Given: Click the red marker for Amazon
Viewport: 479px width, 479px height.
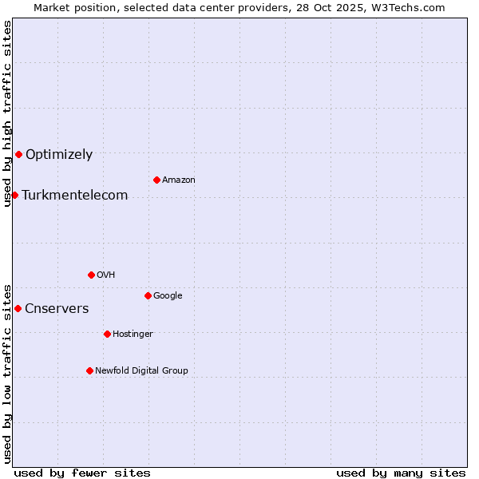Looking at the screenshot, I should pyautogui.click(x=156, y=180).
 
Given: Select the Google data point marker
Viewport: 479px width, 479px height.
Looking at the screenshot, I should pyautogui.click(x=148, y=295).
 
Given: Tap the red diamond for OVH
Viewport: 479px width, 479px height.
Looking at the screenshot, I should pyautogui.click(x=91, y=275).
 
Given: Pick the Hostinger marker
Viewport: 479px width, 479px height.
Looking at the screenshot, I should pyautogui.click(x=107, y=334).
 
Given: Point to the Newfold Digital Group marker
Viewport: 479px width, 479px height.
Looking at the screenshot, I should pyautogui.click(x=89, y=370).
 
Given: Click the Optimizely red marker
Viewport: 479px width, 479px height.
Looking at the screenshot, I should pyautogui.click(x=18, y=154).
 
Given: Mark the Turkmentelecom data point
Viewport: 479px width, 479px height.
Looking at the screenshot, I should pyautogui.click(x=14, y=195).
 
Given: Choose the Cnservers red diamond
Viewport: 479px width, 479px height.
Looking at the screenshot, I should pyautogui.click(x=18, y=308).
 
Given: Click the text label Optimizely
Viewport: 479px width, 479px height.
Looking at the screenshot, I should pyautogui.click(x=59, y=155).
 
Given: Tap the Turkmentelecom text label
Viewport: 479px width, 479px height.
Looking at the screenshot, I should pyautogui.click(x=75, y=196).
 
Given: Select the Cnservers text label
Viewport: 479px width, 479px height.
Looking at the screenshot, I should pyautogui.click(x=57, y=309).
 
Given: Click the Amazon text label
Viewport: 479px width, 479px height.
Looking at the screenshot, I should pyautogui.click(x=179, y=180).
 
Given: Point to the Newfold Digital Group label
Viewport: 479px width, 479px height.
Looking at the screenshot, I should pyautogui.click(x=142, y=370).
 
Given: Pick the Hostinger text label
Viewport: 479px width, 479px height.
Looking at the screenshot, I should pyautogui.click(x=133, y=334).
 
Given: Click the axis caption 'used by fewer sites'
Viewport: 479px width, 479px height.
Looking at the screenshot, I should pyautogui.click(x=82, y=473).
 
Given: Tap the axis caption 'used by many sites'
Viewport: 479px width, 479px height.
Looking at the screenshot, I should pyautogui.click(x=401, y=473).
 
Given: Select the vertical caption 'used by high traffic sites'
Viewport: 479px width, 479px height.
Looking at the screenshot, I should pyautogui.click(x=7, y=113).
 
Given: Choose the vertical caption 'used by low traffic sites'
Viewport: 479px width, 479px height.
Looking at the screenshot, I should pyautogui.click(x=7, y=373).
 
